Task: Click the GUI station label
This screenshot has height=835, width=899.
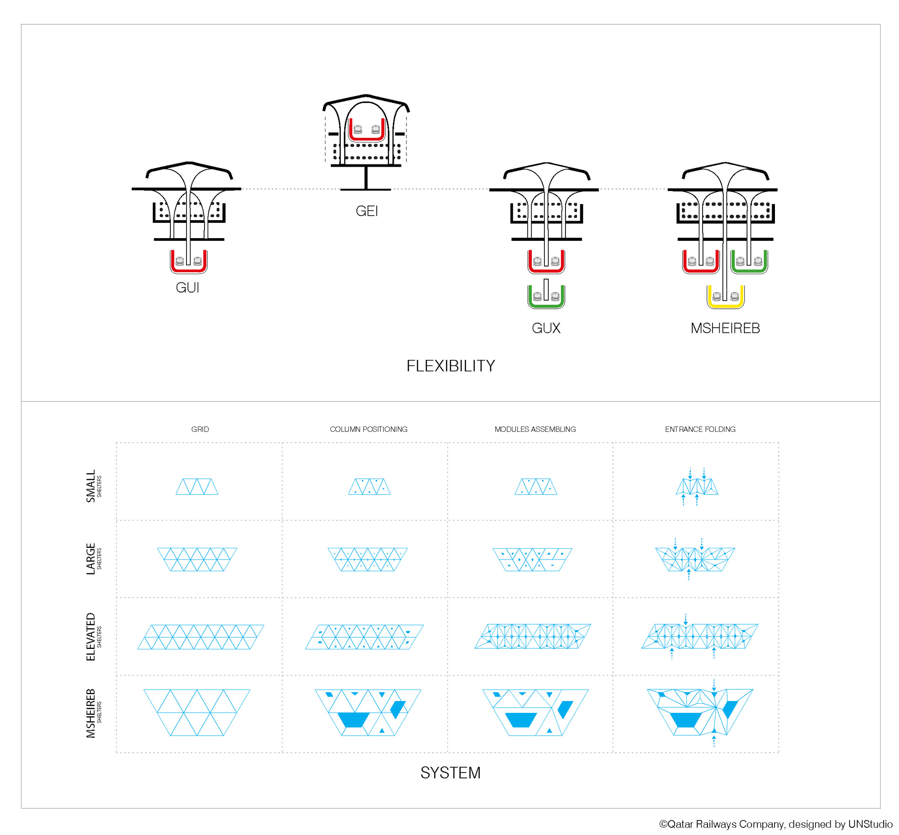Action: (187, 288)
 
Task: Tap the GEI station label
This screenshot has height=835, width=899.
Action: (366, 211)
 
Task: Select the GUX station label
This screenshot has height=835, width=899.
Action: (546, 328)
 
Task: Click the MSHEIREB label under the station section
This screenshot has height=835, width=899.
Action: (725, 328)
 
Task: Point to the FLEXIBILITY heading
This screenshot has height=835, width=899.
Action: (450, 366)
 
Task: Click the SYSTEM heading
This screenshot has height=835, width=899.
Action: (450, 773)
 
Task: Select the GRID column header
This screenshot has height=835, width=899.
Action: (200, 429)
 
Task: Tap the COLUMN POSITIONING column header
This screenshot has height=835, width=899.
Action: (369, 429)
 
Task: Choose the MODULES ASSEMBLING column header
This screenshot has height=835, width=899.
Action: (535, 429)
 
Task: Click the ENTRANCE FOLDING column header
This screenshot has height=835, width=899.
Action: (700, 429)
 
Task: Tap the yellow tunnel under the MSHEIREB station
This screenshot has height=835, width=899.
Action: (725, 298)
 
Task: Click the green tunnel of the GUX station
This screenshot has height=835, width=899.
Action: (546, 298)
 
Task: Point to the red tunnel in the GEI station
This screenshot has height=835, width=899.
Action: (366, 131)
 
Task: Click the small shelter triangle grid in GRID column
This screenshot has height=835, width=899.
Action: (196, 487)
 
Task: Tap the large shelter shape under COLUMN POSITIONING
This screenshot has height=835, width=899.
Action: (367, 560)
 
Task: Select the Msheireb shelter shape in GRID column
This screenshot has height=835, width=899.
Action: (196, 712)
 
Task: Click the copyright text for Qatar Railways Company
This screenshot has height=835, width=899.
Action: (775, 824)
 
